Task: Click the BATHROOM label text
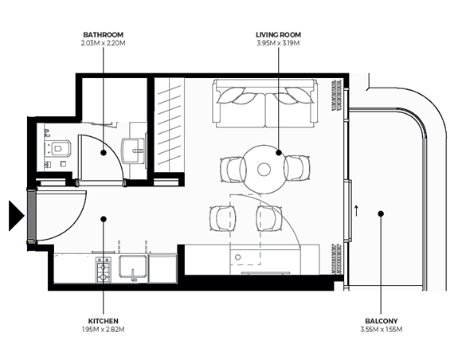click(x=102, y=35)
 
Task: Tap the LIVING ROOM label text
click(x=278, y=35)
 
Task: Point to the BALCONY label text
click(x=380, y=319)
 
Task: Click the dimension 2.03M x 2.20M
click(x=102, y=43)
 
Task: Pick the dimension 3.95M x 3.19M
click(x=278, y=43)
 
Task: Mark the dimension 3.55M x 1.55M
click(x=380, y=328)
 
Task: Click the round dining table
click(x=264, y=168)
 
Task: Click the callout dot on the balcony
click(x=381, y=213)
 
